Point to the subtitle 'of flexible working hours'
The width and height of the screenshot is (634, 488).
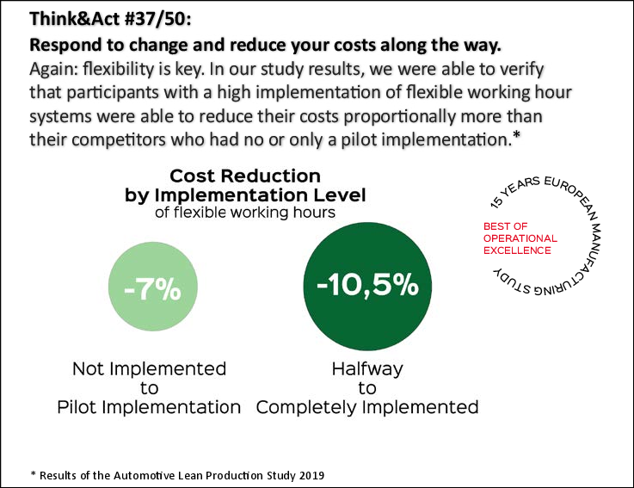click(245, 212)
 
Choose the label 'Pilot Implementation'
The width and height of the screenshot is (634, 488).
click(150, 407)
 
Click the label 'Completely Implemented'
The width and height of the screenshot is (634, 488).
click(366, 407)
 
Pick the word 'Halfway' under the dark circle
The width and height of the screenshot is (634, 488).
click(366, 369)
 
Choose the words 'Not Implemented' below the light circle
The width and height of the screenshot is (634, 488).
click(150, 369)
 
